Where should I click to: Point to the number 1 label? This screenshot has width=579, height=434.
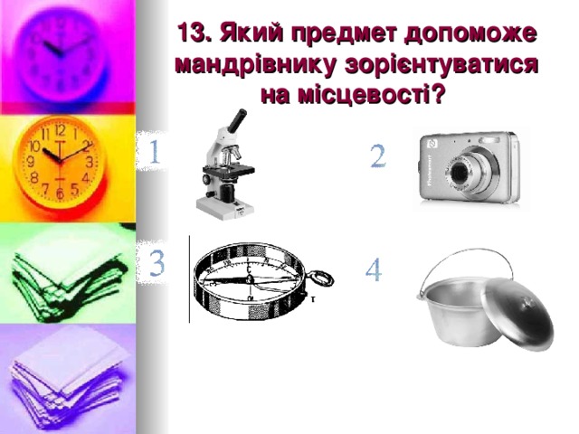coord(155,151)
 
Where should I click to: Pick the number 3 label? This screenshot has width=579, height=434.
coord(156,264)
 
